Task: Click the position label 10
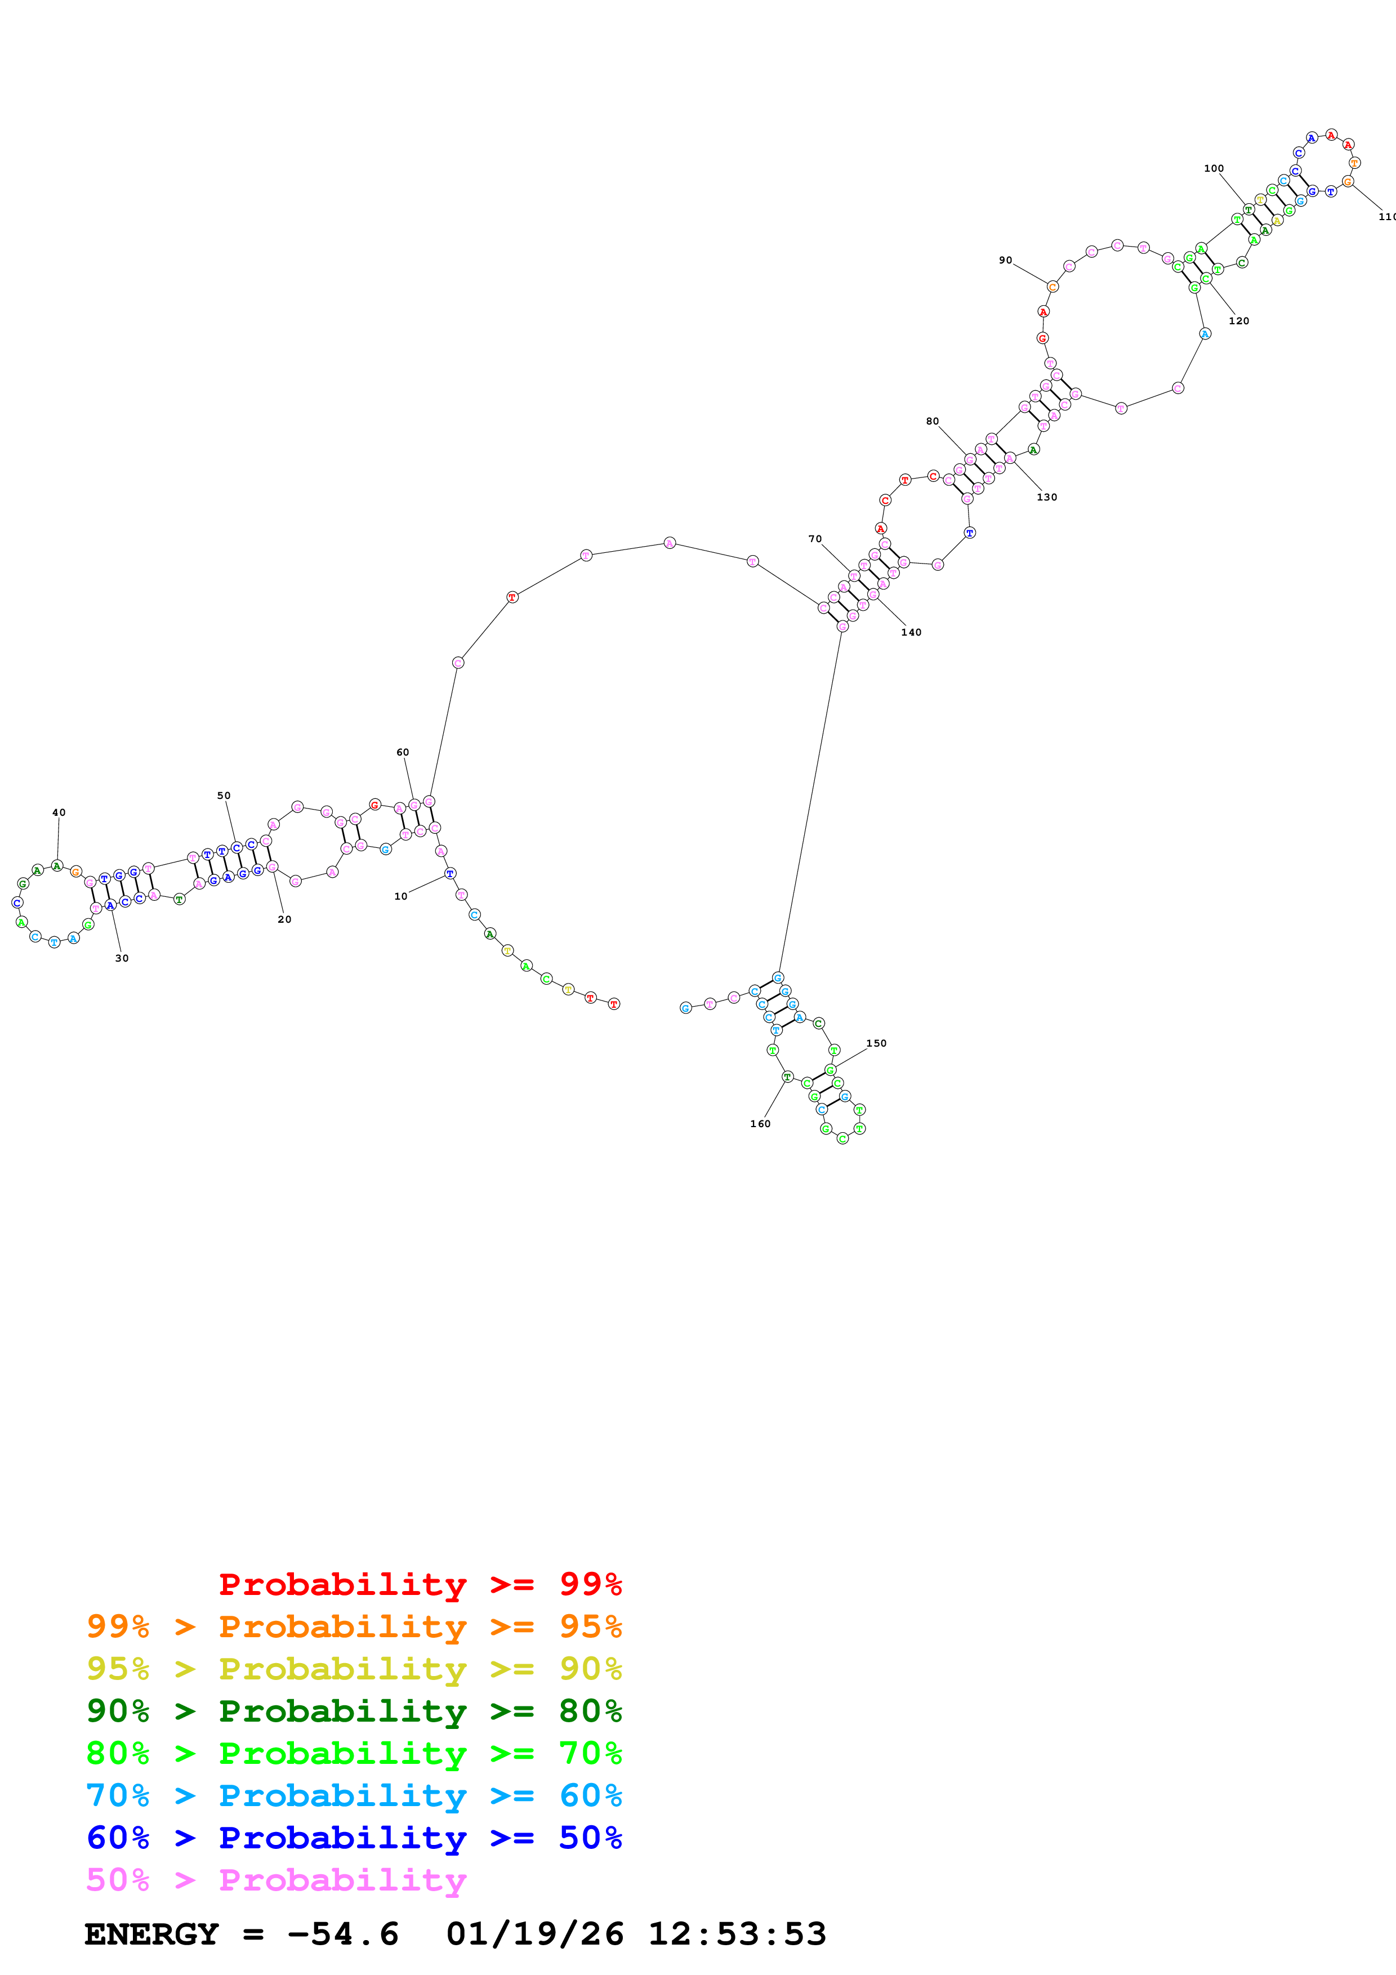click(401, 896)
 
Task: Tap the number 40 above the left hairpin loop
click(59, 812)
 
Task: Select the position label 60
click(403, 752)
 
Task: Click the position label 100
click(1214, 168)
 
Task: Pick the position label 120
click(1238, 321)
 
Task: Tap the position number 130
click(1047, 497)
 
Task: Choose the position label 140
click(911, 632)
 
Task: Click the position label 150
click(876, 1043)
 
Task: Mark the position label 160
click(760, 1123)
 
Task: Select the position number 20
click(285, 919)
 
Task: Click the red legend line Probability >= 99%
click(420, 1584)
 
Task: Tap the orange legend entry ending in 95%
click(354, 1627)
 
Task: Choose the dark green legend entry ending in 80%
click(354, 1711)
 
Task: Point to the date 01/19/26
click(534, 1934)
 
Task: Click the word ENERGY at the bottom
click(151, 1934)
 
